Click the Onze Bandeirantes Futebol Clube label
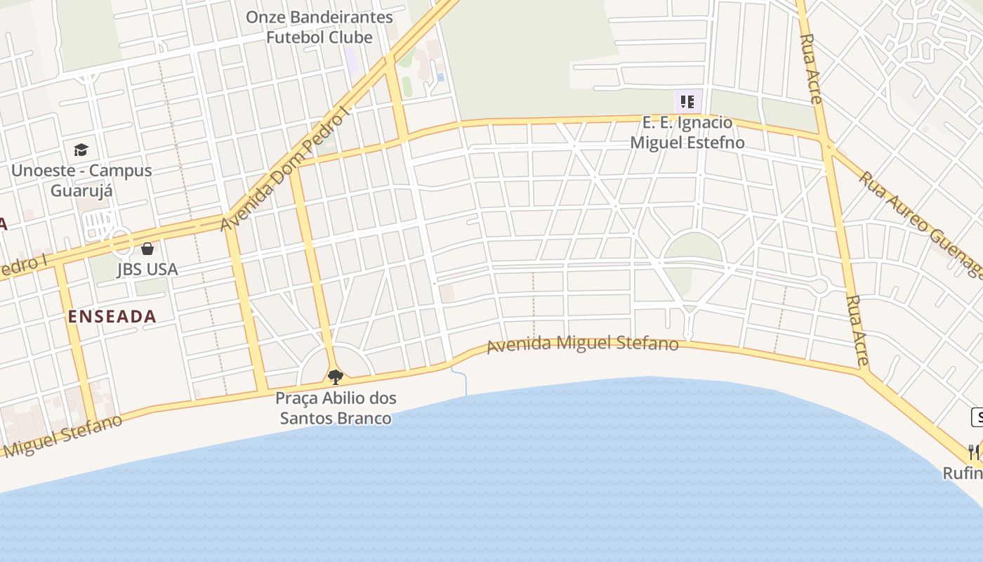click(319, 27)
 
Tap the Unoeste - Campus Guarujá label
click(81, 181)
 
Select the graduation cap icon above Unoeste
click(81, 150)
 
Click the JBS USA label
click(147, 269)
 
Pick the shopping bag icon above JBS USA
click(147, 248)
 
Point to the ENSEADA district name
click(112, 316)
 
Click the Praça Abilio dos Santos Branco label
click(336, 408)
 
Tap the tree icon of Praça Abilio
click(336, 377)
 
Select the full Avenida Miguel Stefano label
click(583, 344)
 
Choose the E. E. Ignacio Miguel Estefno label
click(687, 133)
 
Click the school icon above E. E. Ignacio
click(687, 102)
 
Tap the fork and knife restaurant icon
click(974, 451)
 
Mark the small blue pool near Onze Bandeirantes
click(440, 77)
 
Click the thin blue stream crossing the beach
click(464, 381)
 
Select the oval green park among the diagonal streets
click(693, 248)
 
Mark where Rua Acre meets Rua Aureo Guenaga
click(828, 146)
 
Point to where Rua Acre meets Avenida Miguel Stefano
click(863, 370)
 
